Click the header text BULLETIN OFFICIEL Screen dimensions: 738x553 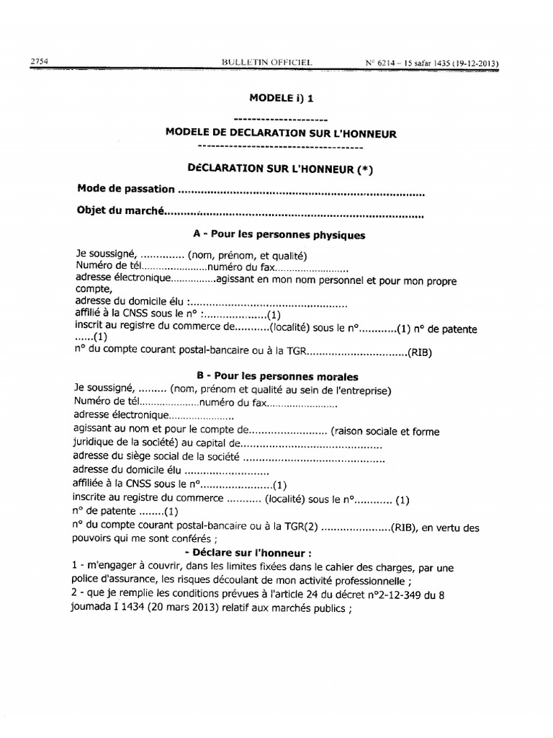coord(267,63)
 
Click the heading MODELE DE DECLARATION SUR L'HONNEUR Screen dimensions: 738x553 coord(281,133)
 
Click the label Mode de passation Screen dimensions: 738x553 coord(125,189)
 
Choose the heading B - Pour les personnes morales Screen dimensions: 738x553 coord(277,377)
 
